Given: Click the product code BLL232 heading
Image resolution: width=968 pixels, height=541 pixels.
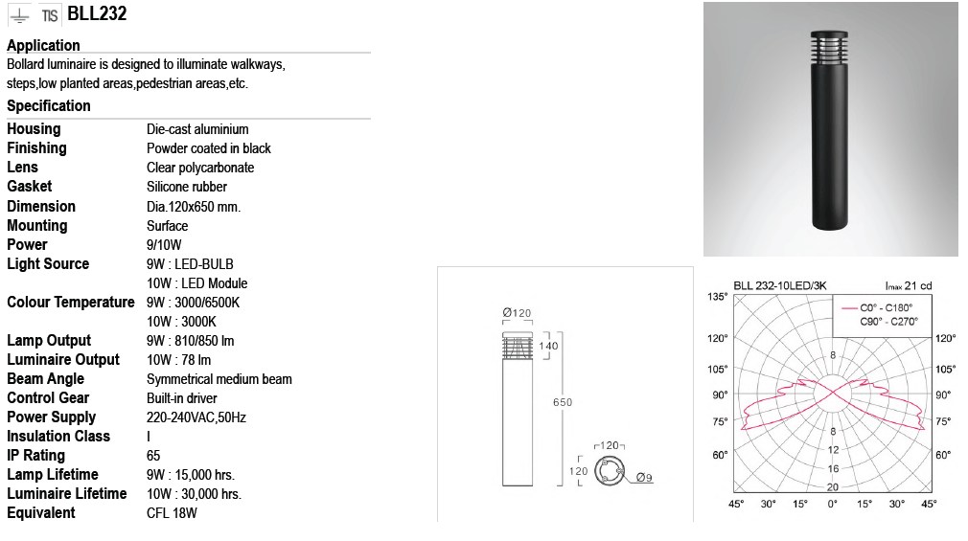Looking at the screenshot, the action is pos(97,13).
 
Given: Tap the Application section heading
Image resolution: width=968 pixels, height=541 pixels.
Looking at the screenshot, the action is pos(43,46).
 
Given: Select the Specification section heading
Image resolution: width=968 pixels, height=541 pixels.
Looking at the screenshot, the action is pos(49,105).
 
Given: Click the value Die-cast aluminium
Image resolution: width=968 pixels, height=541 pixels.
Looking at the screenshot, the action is pos(197,129).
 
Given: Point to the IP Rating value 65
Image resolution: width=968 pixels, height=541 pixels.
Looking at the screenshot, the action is pos(153,455).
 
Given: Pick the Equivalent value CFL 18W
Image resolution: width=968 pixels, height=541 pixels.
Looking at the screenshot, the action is pos(172,512).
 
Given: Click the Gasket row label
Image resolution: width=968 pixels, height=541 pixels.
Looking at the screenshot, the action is pos(29,187).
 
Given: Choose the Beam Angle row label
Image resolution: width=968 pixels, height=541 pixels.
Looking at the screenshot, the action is pos(46,379).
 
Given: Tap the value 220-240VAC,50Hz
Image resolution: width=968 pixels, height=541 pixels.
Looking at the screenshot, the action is pos(196,417).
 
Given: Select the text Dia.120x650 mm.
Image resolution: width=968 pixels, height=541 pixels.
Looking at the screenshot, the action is pos(194,207).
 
